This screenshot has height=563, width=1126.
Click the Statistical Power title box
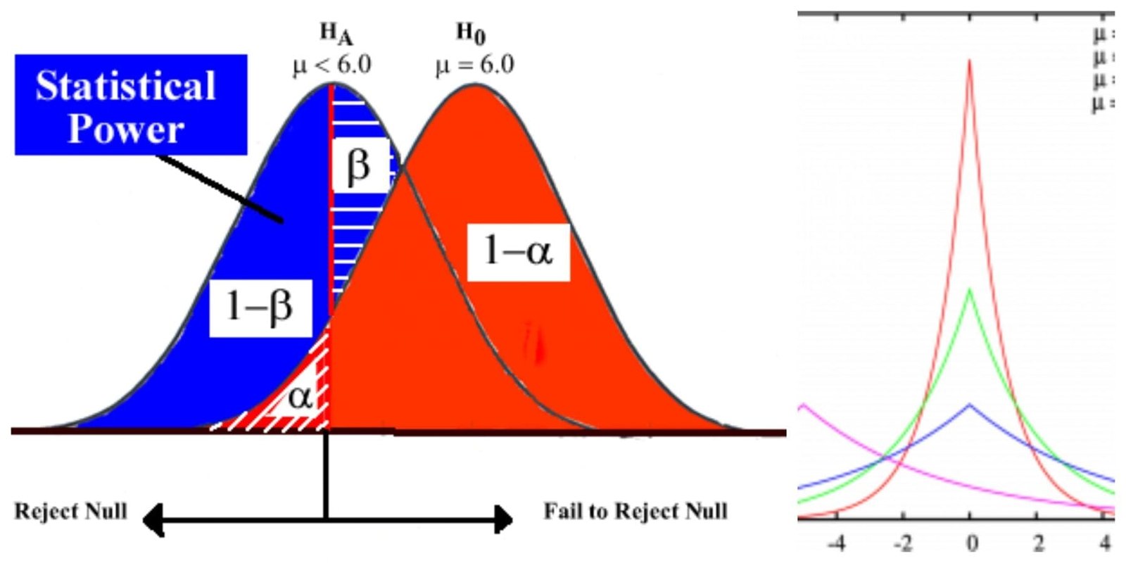tap(131, 105)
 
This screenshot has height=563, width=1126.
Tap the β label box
tap(359, 166)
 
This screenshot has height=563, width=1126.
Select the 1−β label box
tap(260, 308)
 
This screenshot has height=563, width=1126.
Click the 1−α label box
tap(518, 251)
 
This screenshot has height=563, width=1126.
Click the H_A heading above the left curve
tap(336, 33)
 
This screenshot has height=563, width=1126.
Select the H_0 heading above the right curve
tap(471, 33)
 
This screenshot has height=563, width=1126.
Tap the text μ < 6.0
tap(332, 65)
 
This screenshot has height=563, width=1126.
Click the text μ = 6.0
tap(474, 65)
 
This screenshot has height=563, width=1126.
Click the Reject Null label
tap(71, 510)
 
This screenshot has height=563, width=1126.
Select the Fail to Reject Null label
tap(635, 511)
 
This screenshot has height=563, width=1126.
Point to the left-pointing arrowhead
tap(152, 520)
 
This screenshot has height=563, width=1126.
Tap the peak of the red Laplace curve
tap(970, 61)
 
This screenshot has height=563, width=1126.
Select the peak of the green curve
tap(970, 289)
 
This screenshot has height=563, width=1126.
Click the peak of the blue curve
tap(970, 405)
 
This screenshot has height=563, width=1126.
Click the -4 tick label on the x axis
tap(837, 543)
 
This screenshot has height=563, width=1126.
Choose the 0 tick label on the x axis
tap(971, 543)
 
